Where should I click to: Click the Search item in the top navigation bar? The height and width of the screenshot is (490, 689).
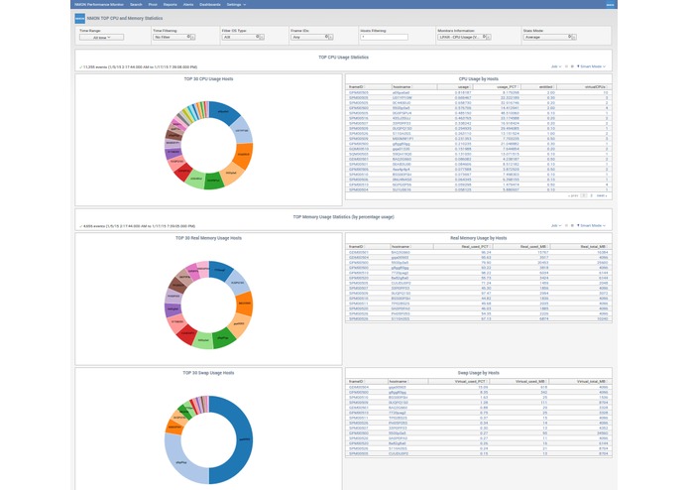[x=136, y=4]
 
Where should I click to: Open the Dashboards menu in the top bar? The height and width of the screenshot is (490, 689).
[x=209, y=4]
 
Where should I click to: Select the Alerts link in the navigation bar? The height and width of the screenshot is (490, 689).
[x=187, y=4]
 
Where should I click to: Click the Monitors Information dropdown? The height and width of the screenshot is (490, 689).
[x=463, y=36]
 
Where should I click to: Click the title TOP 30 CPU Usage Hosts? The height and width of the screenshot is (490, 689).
[x=209, y=77]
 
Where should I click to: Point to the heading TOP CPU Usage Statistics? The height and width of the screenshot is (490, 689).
[x=344, y=59]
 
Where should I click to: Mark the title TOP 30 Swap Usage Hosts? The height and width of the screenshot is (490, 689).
[x=209, y=373]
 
